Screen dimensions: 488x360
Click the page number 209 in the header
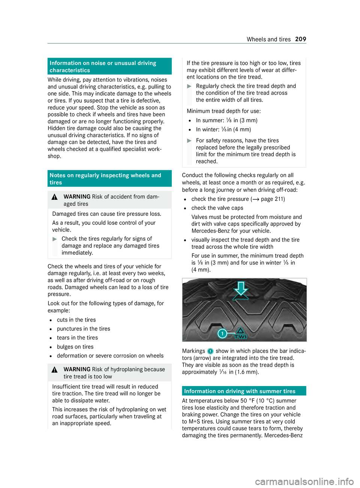tap(300, 39)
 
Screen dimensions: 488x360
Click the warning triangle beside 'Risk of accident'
tap(55, 197)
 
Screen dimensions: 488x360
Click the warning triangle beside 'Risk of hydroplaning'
tap(55, 370)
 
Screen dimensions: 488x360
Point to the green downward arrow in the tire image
tap(241, 290)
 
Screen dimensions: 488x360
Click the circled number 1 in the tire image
tap(222, 333)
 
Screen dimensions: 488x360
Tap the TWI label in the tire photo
tap(240, 336)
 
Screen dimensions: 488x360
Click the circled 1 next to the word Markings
tap(210, 351)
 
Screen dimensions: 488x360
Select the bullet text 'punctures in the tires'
tap(83, 329)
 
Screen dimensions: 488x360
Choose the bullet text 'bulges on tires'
tap(75, 347)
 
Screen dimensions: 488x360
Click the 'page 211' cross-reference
tap(272, 199)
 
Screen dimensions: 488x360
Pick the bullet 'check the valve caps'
tap(217, 208)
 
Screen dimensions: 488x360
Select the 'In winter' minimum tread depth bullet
tap(223, 129)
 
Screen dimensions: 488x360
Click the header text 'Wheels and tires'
tap(268, 39)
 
